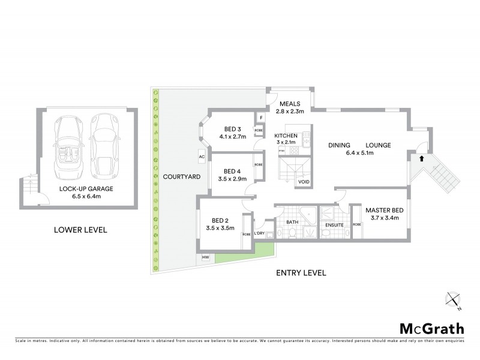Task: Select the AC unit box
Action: [x=202, y=157]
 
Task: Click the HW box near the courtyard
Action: [x=205, y=257]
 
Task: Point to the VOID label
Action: [x=304, y=181]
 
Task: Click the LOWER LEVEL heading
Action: [x=80, y=229]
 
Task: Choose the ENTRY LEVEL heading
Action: [x=301, y=273]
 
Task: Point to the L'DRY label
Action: [x=260, y=233]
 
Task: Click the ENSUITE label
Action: [x=334, y=225]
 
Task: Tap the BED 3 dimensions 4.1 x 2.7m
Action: [x=233, y=137]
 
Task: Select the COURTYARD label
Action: [x=177, y=177]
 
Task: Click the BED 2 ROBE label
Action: [x=246, y=235]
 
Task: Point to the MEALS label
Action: [x=290, y=103]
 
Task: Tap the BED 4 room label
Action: [x=233, y=170]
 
